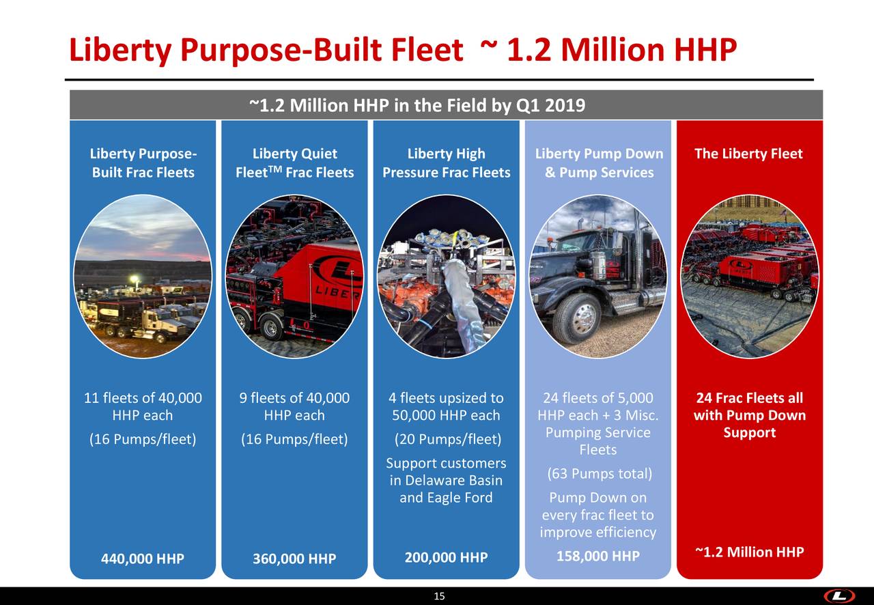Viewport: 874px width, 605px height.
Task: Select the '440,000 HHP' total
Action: click(x=143, y=559)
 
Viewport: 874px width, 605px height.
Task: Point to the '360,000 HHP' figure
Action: click(x=294, y=559)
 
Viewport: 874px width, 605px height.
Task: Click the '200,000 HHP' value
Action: click(x=446, y=558)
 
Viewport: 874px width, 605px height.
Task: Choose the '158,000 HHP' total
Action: click(x=598, y=558)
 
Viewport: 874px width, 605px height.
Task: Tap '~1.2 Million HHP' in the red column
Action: click(x=749, y=552)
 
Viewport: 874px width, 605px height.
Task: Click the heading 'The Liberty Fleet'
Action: click(x=748, y=154)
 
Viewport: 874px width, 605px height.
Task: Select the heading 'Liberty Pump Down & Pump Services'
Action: click(x=599, y=163)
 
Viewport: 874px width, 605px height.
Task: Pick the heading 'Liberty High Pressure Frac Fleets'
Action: click(x=446, y=163)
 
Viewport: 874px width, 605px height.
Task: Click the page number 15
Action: click(x=440, y=597)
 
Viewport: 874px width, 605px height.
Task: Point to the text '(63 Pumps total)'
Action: click(x=600, y=474)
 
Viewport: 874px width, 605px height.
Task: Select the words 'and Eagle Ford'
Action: click(x=446, y=498)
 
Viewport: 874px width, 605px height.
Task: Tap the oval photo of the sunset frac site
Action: click(x=143, y=277)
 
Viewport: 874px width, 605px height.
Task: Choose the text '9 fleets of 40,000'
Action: click(x=294, y=398)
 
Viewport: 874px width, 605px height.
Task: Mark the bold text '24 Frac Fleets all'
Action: click(x=749, y=398)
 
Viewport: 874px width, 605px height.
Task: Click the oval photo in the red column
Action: click(x=749, y=277)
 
